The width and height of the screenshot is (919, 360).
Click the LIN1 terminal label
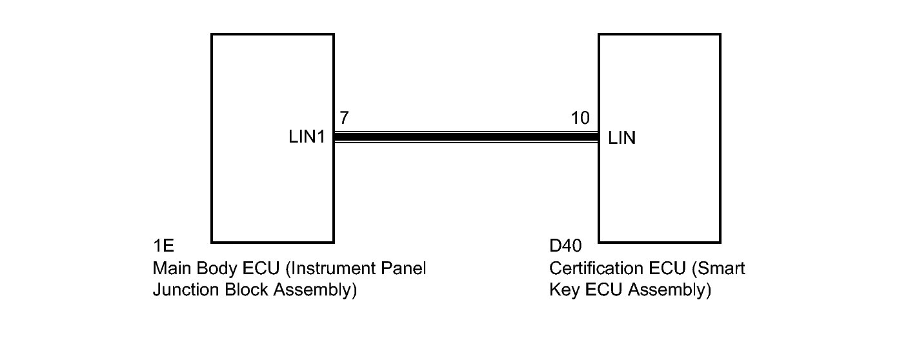click(307, 137)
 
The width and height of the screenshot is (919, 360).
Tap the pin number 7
click(344, 117)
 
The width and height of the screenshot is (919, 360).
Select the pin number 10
click(580, 118)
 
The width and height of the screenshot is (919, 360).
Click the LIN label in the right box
click(621, 138)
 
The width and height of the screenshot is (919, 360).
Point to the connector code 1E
click(163, 246)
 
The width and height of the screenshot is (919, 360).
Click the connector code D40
click(565, 246)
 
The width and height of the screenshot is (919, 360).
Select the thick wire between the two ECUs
click(466, 137)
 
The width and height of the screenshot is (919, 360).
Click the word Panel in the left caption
click(404, 268)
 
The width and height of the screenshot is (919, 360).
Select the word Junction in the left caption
click(186, 290)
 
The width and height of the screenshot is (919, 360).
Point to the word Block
click(246, 290)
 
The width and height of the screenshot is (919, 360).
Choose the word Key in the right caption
click(565, 290)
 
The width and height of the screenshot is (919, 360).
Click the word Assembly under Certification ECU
click(669, 290)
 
